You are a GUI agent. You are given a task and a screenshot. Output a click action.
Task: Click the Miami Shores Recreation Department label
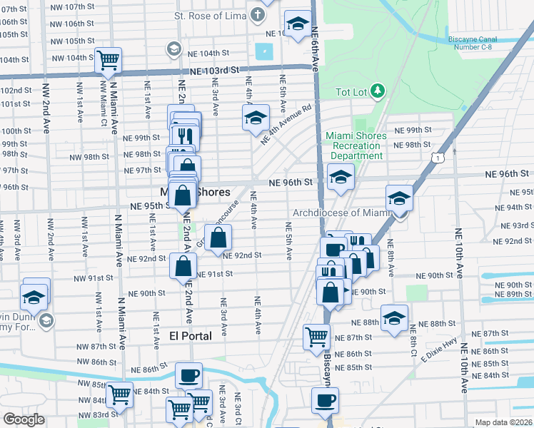(x=356, y=146)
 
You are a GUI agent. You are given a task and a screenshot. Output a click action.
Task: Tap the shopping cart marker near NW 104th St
(x=109, y=60)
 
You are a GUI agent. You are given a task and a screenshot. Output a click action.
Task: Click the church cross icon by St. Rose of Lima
(x=256, y=15)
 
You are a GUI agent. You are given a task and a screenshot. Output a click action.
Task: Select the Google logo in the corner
(x=24, y=419)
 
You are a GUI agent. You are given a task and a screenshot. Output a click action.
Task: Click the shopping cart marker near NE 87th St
(x=316, y=337)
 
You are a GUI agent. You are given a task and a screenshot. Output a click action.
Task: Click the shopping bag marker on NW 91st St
(x=183, y=266)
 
